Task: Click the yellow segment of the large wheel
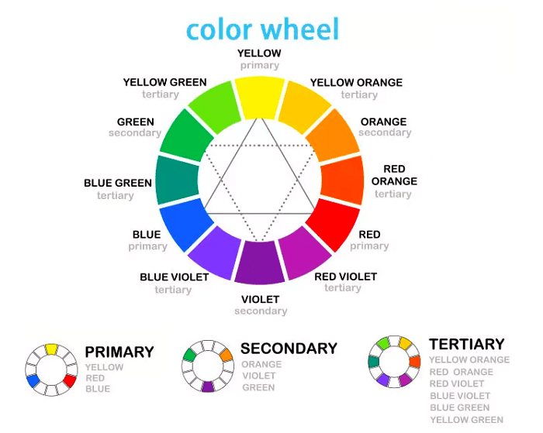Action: (260, 98)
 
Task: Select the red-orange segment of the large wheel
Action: (343, 180)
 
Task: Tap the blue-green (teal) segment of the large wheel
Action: (177, 180)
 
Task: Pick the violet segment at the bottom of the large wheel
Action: (260, 263)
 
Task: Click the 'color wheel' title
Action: (262, 29)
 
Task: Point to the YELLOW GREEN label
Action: (164, 82)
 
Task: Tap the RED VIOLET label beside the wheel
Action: (346, 277)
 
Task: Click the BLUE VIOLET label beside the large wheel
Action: (175, 277)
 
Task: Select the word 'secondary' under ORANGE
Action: (385, 132)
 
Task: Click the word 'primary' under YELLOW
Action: (260, 65)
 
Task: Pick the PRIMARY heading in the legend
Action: (119, 352)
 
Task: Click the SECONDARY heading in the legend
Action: (289, 349)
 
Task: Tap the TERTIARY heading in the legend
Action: (467, 345)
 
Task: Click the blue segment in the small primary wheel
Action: (33, 381)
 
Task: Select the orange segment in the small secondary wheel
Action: (227, 356)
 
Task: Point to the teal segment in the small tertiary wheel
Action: (374, 362)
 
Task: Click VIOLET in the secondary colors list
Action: (259, 376)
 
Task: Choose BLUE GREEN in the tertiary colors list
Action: (460, 407)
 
